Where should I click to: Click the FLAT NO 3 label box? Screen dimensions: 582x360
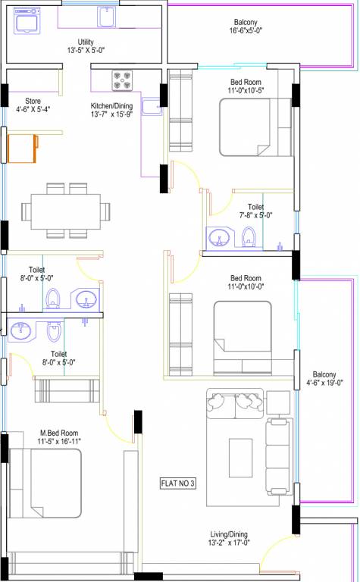pos(177,483)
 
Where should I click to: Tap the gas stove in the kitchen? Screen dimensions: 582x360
pos(123,80)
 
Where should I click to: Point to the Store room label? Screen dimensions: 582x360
pos(33,100)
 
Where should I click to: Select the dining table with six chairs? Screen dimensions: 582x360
pos(66,208)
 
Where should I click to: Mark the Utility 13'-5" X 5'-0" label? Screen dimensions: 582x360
pos(85,47)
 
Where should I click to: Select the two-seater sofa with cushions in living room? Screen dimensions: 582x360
pos(235,405)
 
